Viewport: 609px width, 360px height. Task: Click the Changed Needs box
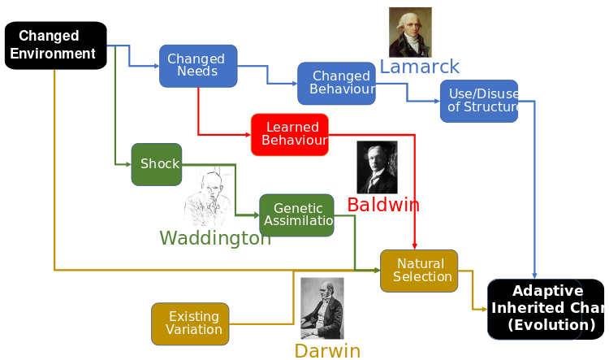point(197,65)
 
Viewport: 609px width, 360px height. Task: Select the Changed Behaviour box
point(336,83)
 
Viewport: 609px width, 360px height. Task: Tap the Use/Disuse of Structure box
point(479,100)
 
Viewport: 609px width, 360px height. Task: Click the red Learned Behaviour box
point(290,134)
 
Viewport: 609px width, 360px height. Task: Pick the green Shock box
point(157,163)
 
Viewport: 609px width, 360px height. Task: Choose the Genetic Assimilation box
point(297,215)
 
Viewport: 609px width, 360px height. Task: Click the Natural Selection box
point(419,271)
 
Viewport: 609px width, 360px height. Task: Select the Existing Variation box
point(190,323)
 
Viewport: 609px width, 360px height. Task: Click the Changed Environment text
point(50,45)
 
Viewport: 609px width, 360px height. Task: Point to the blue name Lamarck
point(419,67)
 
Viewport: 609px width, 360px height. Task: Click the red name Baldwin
point(383,204)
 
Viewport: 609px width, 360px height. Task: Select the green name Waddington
point(215,238)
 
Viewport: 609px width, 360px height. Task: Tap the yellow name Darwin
point(327,351)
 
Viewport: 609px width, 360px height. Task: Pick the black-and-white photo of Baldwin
point(377,167)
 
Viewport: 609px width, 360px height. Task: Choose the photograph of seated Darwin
point(322,308)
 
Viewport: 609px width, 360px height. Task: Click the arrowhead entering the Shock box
point(128,163)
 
